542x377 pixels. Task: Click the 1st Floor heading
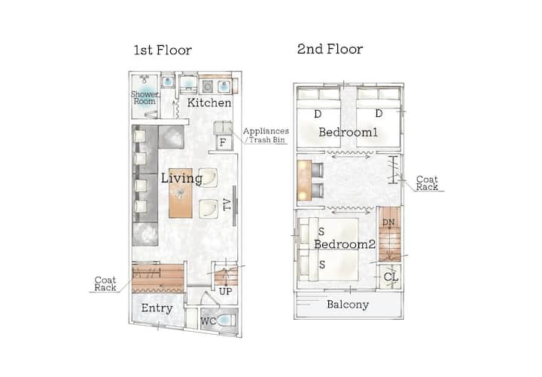[163, 51]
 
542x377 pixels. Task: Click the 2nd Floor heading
[330, 49]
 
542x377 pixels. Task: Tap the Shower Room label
[145, 97]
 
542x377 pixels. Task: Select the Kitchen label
[209, 103]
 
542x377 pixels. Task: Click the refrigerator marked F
[224, 142]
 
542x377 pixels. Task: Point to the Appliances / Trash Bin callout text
[266, 136]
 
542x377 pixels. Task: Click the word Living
[181, 178]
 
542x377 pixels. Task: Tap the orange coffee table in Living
[181, 193]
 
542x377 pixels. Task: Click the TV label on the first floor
[227, 204]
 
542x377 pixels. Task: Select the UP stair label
[226, 292]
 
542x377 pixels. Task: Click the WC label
[208, 321]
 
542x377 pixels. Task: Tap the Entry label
[157, 308]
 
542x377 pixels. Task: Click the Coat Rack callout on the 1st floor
[105, 284]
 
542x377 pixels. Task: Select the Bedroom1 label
[348, 132]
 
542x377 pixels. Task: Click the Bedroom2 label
[345, 244]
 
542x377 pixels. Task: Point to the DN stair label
[388, 222]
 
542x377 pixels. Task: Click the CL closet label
[391, 277]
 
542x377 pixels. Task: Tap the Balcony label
[348, 305]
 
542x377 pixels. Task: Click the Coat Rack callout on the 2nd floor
[427, 182]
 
